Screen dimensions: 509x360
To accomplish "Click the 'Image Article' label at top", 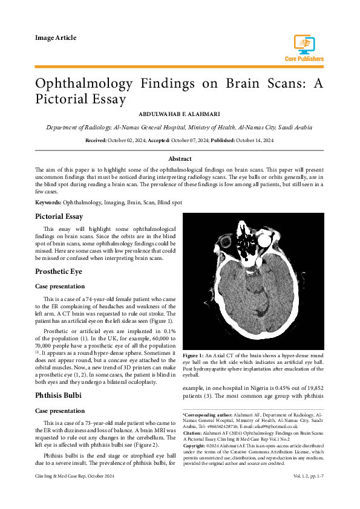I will [56, 37].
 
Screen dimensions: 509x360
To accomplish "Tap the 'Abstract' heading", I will [180, 158].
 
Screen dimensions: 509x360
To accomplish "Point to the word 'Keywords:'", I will [48, 202].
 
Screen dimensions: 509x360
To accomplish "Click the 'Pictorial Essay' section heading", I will [59, 216].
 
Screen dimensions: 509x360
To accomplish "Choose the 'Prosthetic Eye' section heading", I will [59, 272].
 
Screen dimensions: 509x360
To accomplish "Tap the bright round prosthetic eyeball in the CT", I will [263, 243].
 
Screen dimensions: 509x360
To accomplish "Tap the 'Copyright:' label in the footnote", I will [196, 446].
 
